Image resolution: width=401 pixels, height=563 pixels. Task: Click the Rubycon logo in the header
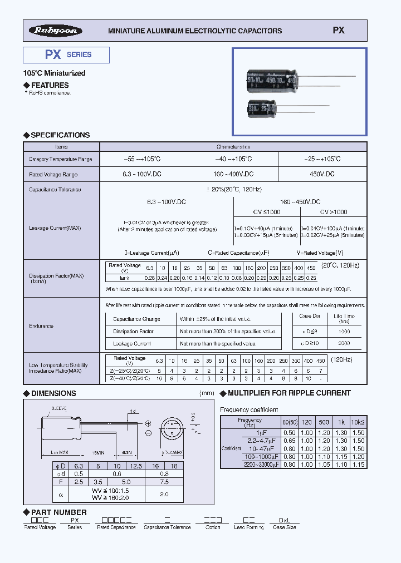(x=56, y=31)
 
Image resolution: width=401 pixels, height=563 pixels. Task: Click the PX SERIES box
(x=66, y=55)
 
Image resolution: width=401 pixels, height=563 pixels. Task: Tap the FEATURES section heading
(x=50, y=85)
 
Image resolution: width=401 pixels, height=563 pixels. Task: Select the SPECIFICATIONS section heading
(x=60, y=135)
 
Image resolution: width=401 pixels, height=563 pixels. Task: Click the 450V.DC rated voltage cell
(x=322, y=174)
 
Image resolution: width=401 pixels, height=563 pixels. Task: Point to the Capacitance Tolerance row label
(x=55, y=190)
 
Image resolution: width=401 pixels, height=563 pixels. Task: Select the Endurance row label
(x=41, y=326)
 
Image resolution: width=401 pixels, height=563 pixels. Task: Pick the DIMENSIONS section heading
(x=53, y=393)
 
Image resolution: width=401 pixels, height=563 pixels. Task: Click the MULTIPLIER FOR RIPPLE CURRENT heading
(x=289, y=393)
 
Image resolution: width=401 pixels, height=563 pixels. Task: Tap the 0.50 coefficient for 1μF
(x=289, y=433)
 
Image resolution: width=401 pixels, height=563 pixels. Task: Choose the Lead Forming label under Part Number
(x=248, y=527)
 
